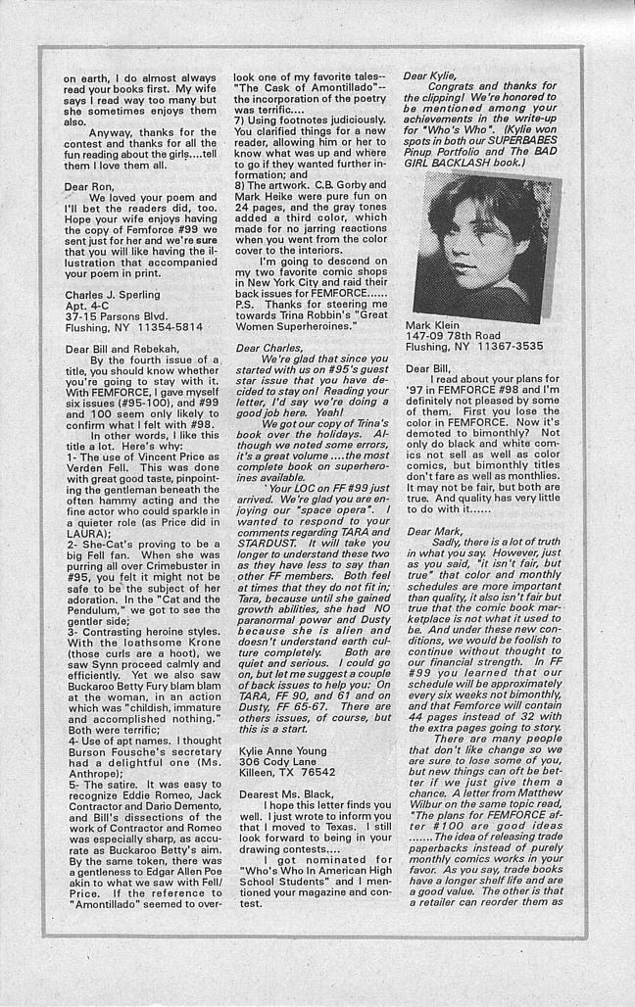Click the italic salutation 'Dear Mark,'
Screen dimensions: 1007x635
tap(434, 529)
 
